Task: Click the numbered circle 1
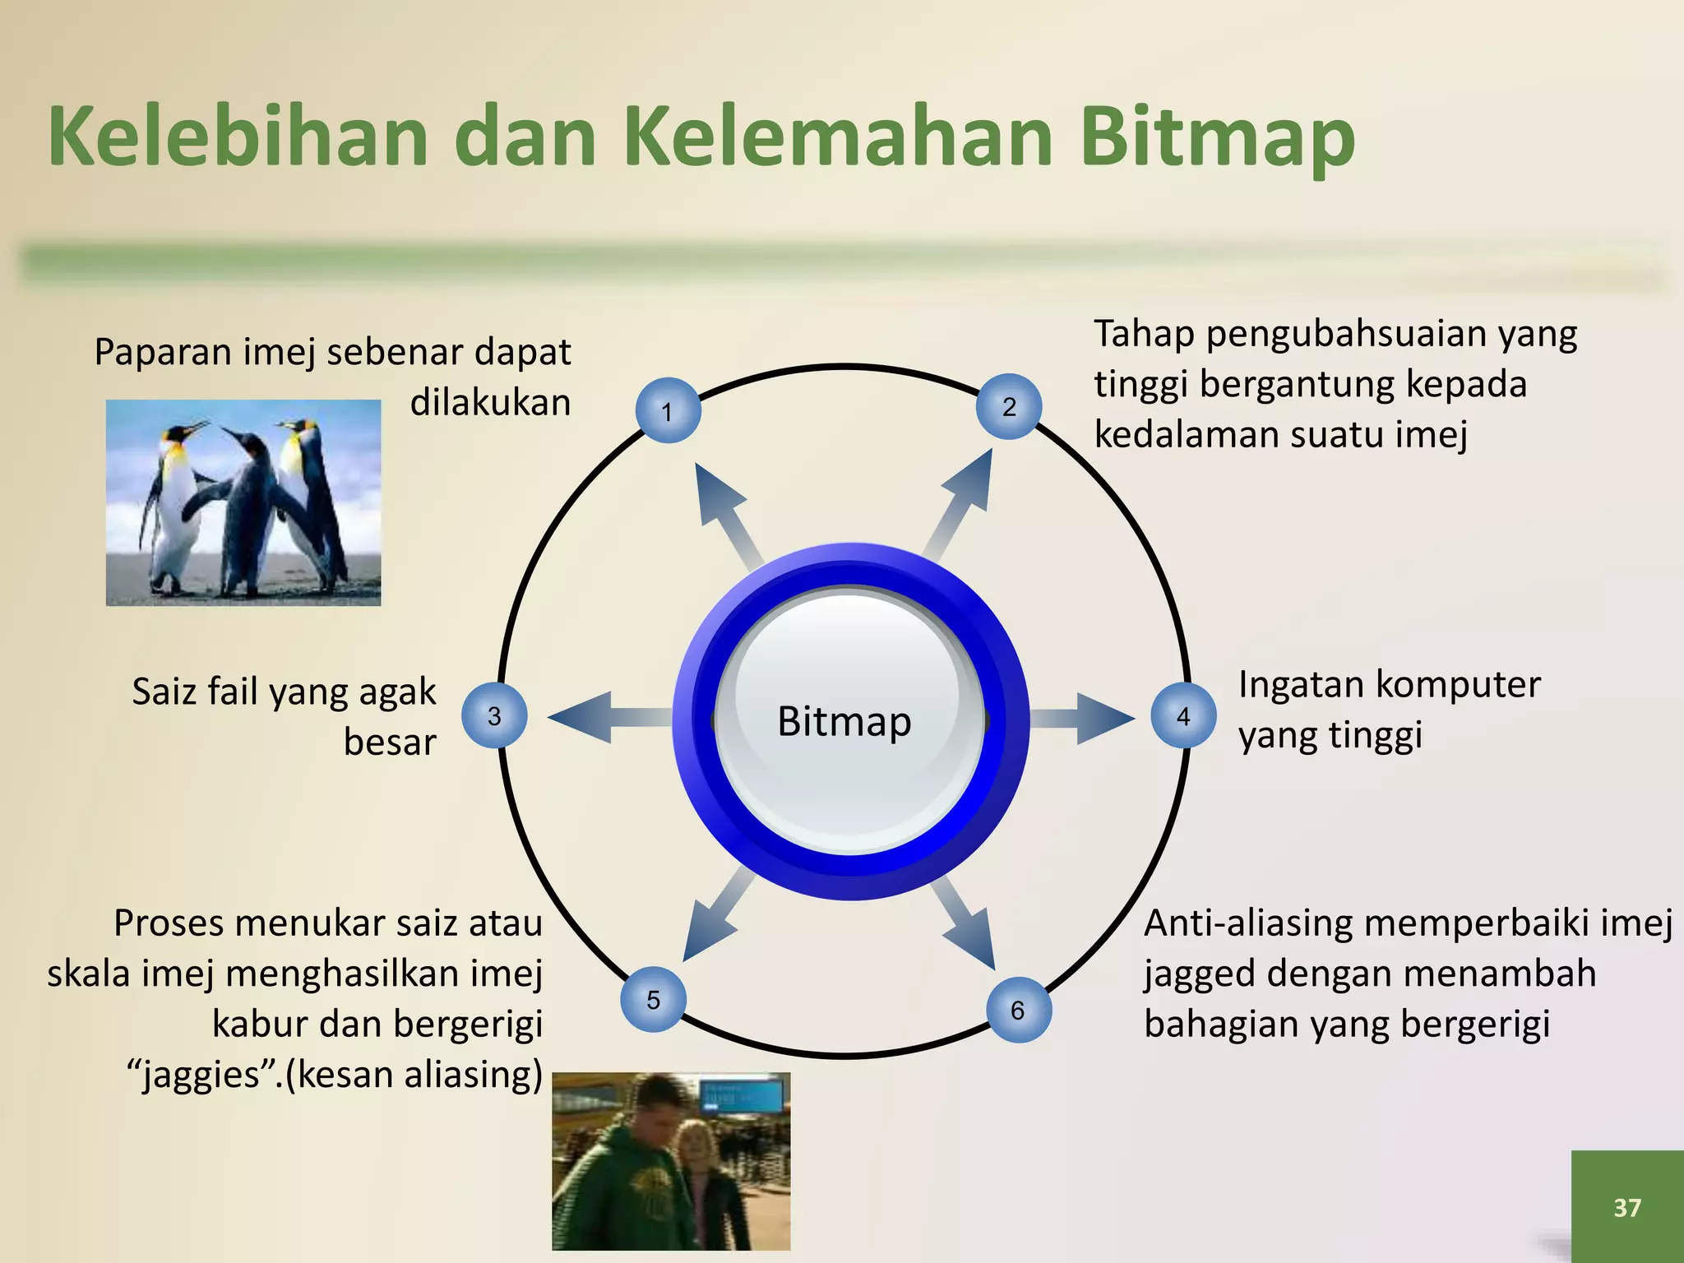(x=668, y=411)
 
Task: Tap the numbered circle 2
(x=1009, y=406)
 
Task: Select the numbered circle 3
(x=494, y=716)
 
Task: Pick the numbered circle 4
(x=1183, y=716)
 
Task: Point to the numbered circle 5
(x=653, y=1000)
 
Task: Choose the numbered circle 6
(x=1018, y=1010)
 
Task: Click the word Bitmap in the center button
(x=844, y=722)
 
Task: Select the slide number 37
(x=1626, y=1207)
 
